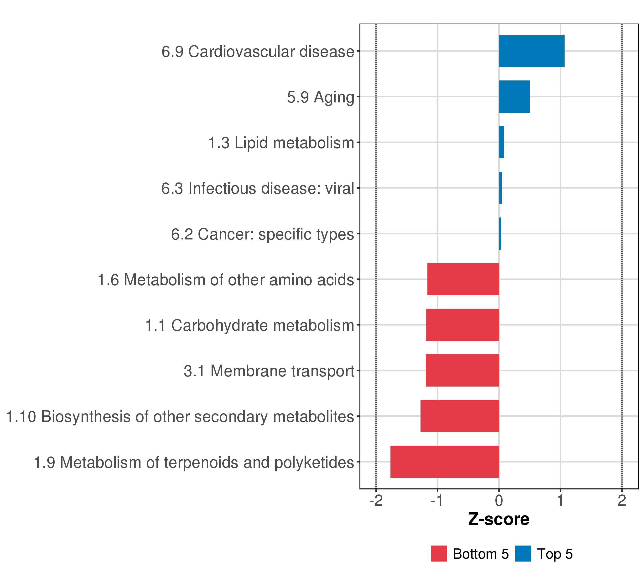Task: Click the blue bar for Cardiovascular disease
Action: coord(531,51)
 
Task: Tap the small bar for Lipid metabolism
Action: coord(501,142)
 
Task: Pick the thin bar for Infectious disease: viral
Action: coord(500,188)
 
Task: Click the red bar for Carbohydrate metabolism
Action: coord(462,325)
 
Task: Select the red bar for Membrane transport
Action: coord(462,371)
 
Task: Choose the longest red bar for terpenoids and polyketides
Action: coord(445,462)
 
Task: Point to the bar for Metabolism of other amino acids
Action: coord(463,279)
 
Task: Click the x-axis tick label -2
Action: coord(376,500)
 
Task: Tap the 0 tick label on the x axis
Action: coord(499,500)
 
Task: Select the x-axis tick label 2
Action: coord(622,500)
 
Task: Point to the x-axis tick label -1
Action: coord(437,500)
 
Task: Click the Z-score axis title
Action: coord(499,519)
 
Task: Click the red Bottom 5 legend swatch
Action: coord(439,554)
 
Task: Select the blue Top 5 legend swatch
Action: coord(523,554)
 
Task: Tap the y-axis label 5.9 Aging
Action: coord(321,97)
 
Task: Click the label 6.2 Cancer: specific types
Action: coord(262,234)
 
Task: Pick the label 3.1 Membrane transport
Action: coord(269,371)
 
